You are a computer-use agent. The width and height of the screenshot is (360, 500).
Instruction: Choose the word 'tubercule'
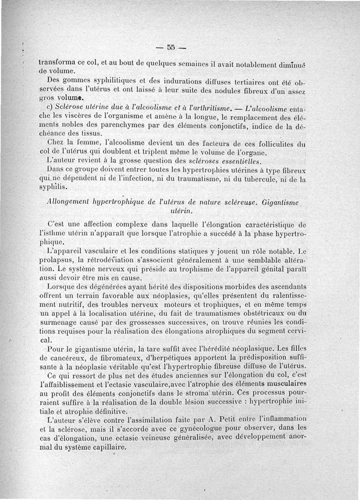click(257, 179)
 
